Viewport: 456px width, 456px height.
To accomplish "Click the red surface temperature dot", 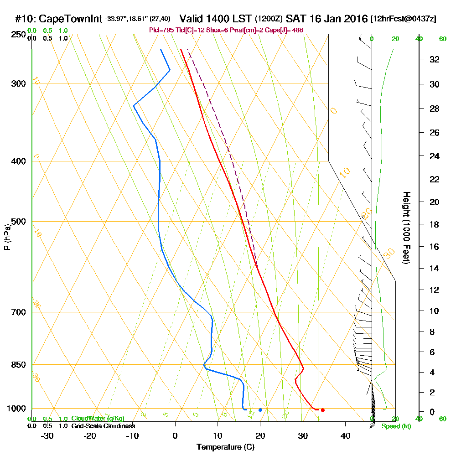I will pyautogui.click(x=322, y=410).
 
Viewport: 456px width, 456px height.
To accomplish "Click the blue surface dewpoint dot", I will pyautogui.click(x=260, y=410).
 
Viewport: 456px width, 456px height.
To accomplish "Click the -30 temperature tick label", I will pyautogui.click(x=47, y=435).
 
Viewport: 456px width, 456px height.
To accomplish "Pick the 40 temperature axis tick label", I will pyautogui.click(x=345, y=435).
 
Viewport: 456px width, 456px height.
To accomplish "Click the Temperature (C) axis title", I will pyautogui.click(x=225, y=447).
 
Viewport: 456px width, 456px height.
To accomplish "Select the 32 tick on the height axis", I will pyautogui.click(x=435, y=59).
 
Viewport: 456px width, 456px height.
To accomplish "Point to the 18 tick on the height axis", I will pyautogui.click(x=435, y=224).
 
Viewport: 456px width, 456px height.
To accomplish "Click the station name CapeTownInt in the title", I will pyautogui.click(x=70, y=19).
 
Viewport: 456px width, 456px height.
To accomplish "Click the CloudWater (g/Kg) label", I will pyautogui.click(x=98, y=419).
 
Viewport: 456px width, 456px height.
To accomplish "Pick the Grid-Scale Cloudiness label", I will pyautogui.click(x=103, y=426).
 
